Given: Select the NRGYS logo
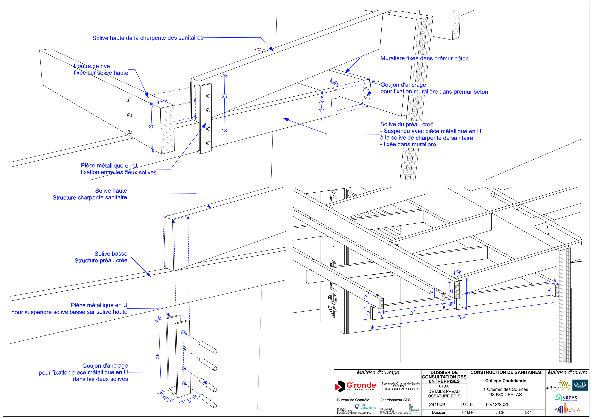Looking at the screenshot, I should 566,398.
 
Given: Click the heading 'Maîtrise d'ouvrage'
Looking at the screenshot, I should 378,372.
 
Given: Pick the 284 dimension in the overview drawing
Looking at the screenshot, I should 462,317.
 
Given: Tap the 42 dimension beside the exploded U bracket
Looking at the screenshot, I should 157,356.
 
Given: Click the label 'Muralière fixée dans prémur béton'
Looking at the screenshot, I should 424,58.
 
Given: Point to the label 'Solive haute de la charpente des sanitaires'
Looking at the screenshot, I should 148,38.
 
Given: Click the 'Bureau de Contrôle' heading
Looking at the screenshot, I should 353,400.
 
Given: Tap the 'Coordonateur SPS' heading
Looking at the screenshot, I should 395,400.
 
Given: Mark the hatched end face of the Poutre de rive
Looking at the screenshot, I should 167,129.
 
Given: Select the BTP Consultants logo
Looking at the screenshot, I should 365,406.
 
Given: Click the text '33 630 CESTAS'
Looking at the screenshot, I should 505,395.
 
